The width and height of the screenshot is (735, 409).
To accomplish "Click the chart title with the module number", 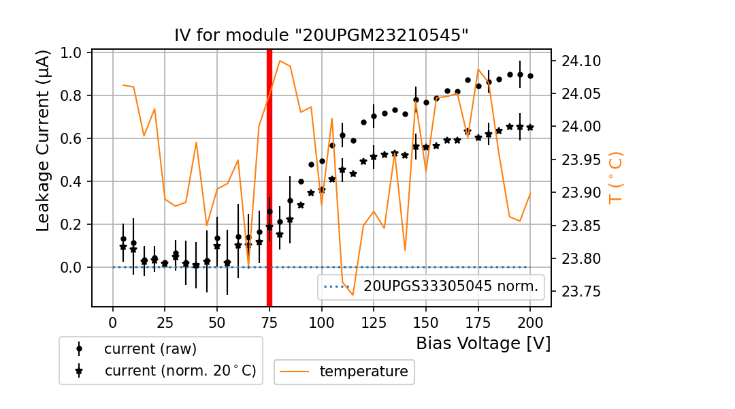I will (x=321, y=35).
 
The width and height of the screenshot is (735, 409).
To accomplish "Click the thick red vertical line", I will (x=269, y=177).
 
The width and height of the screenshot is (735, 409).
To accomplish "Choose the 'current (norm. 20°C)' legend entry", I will (x=180, y=371).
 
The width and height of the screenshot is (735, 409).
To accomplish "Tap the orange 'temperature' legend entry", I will (x=363, y=372).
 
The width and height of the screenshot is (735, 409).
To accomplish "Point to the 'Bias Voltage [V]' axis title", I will (x=483, y=343).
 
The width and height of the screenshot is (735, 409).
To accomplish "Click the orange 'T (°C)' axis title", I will (x=615, y=177).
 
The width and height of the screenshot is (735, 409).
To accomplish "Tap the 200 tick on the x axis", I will (x=530, y=321).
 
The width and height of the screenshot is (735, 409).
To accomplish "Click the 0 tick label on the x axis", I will (x=113, y=321).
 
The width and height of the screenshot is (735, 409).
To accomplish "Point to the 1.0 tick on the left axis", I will (x=72, y=53).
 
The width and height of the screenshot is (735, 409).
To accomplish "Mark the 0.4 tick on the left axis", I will (x=72, y=182).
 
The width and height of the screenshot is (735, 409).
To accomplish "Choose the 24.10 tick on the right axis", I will (x=581, y=61).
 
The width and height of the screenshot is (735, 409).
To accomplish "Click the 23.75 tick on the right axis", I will (x=581, y=292).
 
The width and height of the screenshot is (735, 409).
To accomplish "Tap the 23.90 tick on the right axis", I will (x=581, y=193).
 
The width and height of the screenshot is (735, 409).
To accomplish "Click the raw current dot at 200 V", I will (x=530, y=76).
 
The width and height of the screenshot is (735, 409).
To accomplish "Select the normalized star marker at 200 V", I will (x=530, y=127).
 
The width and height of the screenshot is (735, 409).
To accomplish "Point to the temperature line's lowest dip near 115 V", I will (x=353, y=294).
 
